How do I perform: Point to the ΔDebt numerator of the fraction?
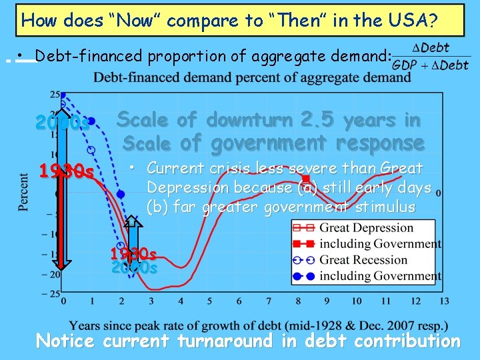pos(431,48)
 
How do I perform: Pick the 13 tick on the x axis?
pos(444,302)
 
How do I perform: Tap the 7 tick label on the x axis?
pos(268,302)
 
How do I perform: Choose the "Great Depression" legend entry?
pos(367,228)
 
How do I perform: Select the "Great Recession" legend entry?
pos(363,260)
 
